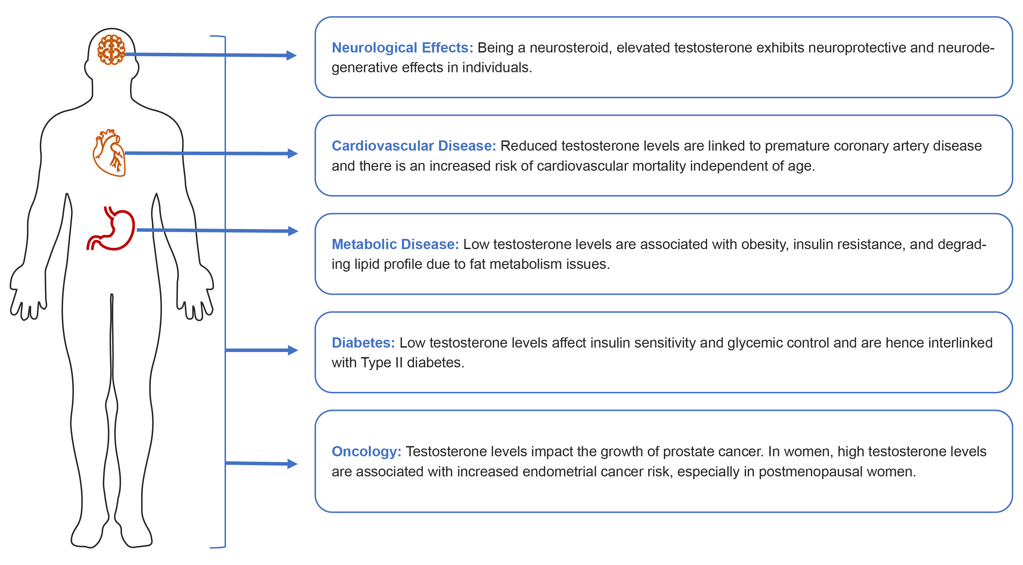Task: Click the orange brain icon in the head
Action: pyautogui.click(x=111, y=50)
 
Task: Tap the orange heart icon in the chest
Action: pyautogui.click(x=109, y=153)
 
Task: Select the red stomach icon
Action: pyautogui.click(x=111, y=228)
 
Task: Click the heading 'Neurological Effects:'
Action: pyautogui.click(x=402, y=48)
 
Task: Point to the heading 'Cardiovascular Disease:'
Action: pyautogui.click(x=414, y=146)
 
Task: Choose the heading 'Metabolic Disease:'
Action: pyautogui.click(x=395, y=244)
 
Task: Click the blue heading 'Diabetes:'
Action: pyautogui.click(x=363, y=343)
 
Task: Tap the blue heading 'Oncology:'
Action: pyautogui.click(x=366, y=452)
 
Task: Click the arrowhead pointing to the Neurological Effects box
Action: pyautogui.click(x=292, y=55)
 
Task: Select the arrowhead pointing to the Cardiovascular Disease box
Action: pyautogui.click(x=293, y=154)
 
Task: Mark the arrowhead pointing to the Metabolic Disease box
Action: pyautogui.click(x=293, y=231)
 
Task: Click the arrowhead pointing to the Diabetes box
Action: pyautogui.click(x=293, y=350)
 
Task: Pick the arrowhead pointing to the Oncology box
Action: pyautogui.click(x=293, y=464)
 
